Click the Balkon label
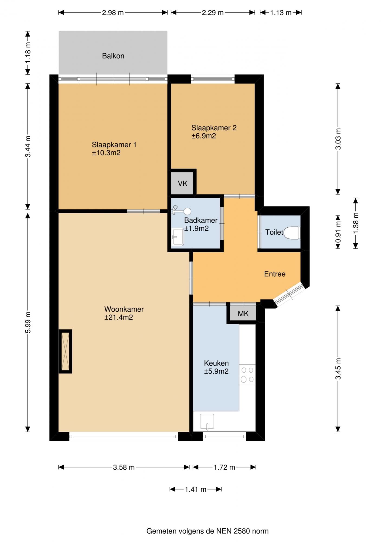coord(113,56)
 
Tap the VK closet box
coord(182,183)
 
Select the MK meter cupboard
coord(243,314)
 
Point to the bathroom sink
coord(178,237)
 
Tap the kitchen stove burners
coord(247,375)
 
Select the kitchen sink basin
coord(207,422)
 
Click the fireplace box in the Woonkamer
coord(65,351)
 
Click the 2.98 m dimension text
coord(113,13)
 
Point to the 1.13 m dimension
coord(281,13)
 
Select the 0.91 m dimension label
coord(338,232)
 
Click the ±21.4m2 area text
coord(119,317)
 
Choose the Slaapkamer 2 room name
coord(214,128)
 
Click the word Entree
coord(275,274)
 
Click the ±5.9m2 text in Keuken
coord(216,371)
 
